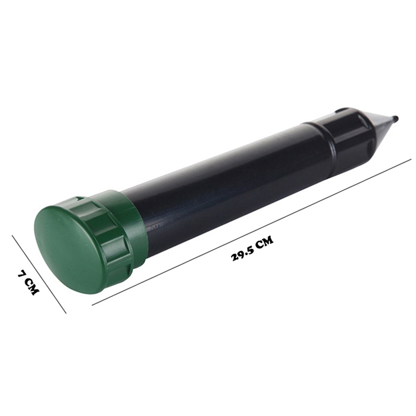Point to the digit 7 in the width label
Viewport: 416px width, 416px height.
[x=22, y=273]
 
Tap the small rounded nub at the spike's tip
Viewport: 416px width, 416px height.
[x=395, y=118]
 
